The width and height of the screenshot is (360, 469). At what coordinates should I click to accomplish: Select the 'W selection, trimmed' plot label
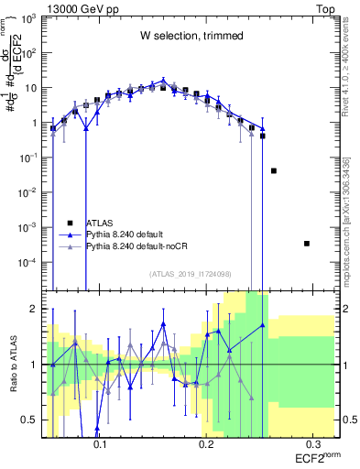[191, 37]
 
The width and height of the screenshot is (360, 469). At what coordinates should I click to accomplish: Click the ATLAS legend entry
[98, 223]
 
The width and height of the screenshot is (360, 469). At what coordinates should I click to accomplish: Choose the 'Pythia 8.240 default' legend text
[125, 234]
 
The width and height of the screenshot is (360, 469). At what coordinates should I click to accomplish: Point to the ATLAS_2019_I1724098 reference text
[191, 274]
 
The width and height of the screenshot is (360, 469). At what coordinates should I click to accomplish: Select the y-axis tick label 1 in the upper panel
[35, 123]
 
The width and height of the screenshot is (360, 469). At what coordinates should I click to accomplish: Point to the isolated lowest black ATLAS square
[307, 244]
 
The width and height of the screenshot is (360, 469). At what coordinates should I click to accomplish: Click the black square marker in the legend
[71, 223]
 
